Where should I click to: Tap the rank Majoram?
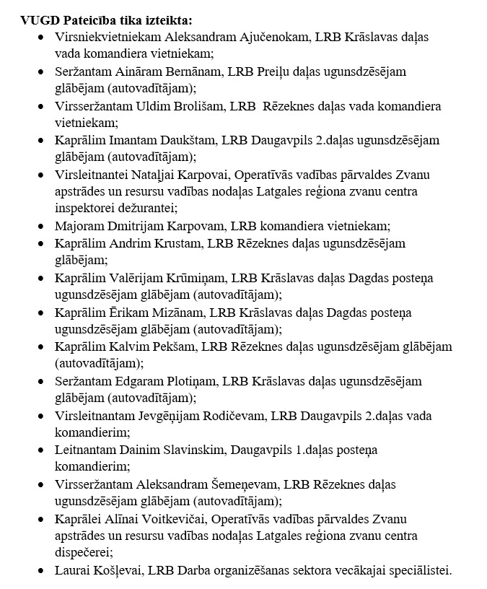79,226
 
